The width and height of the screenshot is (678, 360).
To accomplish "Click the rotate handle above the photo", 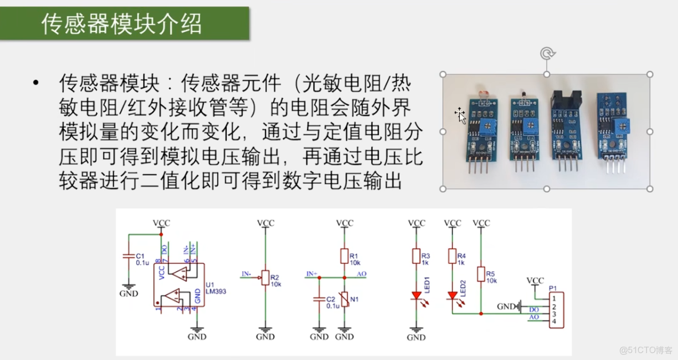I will [547, 54].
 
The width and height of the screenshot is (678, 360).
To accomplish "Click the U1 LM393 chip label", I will [215, 287].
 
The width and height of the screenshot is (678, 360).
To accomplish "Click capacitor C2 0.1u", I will [319, 300].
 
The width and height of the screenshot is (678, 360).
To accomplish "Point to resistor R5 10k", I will [482, 274].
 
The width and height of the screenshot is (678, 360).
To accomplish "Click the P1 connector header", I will [555, 310].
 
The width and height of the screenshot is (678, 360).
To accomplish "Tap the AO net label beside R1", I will [361, 274].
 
